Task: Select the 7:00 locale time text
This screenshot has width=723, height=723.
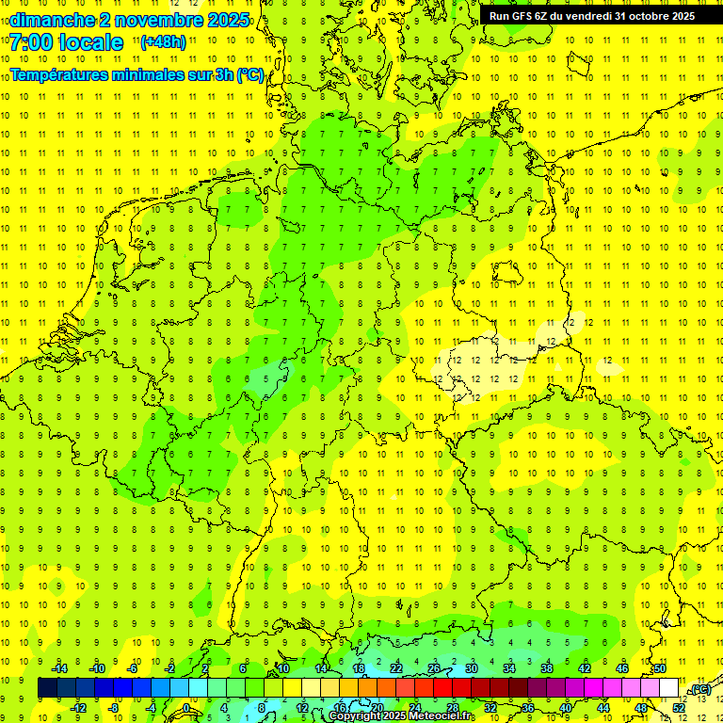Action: click(66, 43)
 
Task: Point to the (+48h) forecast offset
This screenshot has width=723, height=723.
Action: click(163, 42)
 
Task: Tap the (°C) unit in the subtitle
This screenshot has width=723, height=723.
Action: click(249, 75)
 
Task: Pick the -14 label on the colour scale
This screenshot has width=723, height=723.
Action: click(59, 668)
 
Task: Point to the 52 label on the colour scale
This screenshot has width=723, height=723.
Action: click(679, 708)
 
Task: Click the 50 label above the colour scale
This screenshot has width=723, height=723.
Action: click(660, 668)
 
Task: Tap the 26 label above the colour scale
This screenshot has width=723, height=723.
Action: click(434, 668)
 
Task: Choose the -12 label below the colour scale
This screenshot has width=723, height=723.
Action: click(78, 708)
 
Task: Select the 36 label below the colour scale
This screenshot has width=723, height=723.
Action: click(528, 708)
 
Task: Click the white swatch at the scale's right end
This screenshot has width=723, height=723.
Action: click(669, 688)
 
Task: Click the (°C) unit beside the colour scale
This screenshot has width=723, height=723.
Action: click(699, 689)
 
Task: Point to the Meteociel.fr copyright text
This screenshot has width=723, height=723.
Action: click(402, 716)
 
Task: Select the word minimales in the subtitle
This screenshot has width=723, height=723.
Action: click(149, 75)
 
